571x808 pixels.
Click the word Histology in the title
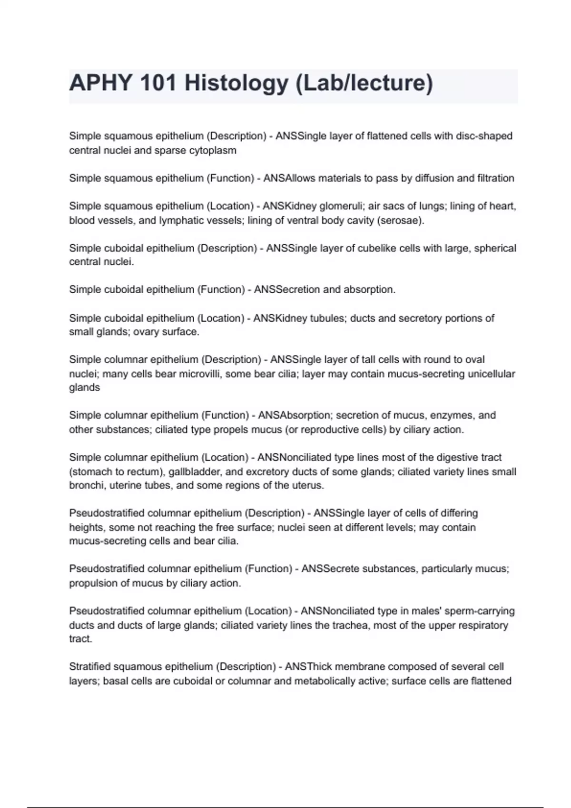tap(236, 83)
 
